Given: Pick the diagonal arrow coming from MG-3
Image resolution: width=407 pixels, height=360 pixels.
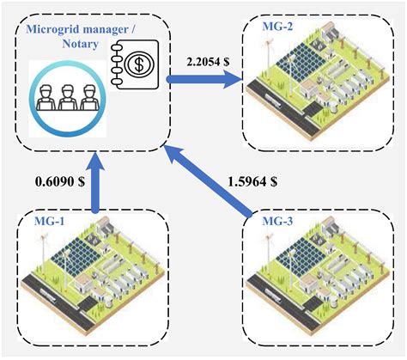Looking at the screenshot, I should pos(214,180).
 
